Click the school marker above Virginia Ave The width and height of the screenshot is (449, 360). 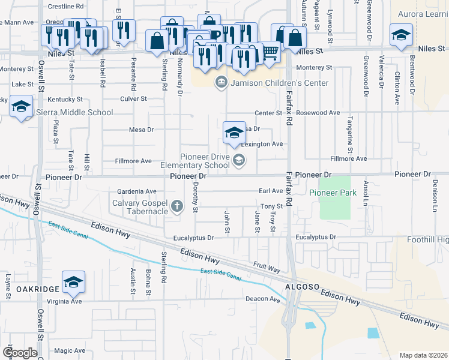pos(73,283)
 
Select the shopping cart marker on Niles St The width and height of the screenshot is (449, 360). pos(270,53)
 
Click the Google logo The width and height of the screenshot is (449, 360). pos(20,352)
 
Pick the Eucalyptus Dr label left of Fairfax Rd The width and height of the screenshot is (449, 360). pos(193,238)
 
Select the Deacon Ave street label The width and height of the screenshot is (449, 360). pos(262,299)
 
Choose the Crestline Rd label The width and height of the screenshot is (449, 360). pos(65,6)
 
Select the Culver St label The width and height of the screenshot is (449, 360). pos(133,98)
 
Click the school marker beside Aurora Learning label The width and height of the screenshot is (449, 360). pos(400,36)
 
